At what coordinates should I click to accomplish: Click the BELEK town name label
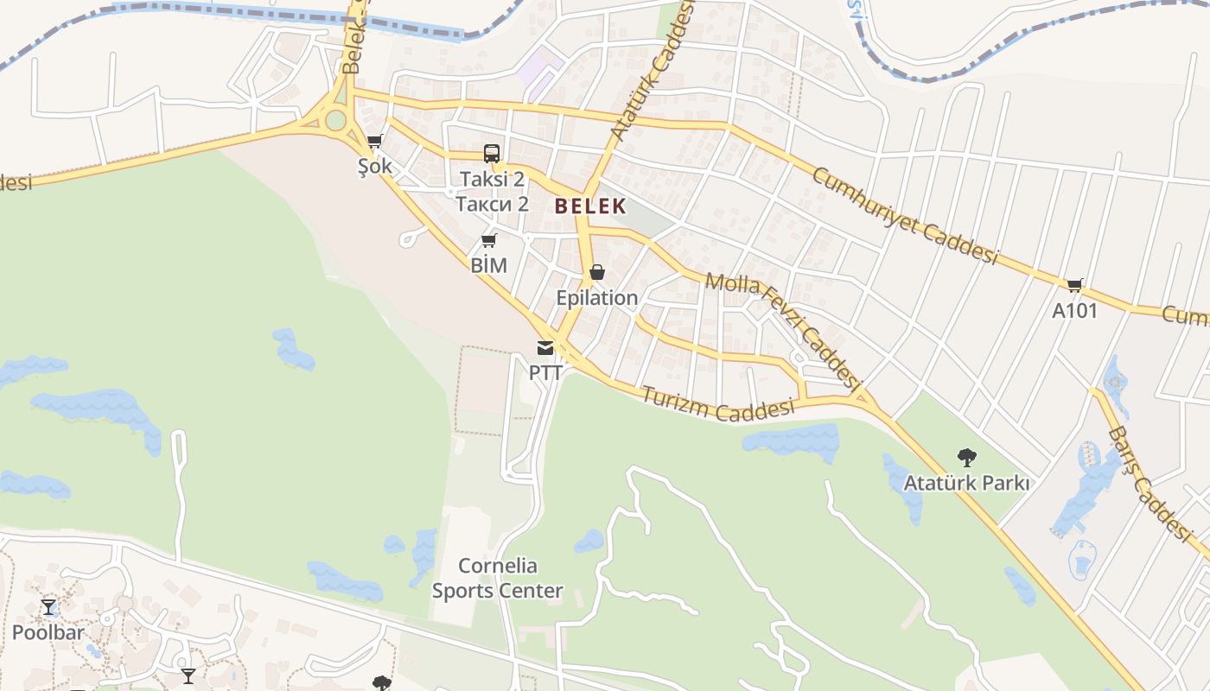[590, 206]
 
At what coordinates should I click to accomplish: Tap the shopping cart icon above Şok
[374, 141]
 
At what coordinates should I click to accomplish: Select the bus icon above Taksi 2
[492, 154]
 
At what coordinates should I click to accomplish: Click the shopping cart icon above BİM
[488, 240]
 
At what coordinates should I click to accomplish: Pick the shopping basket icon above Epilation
[596, 273]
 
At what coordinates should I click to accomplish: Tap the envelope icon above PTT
[545, 348]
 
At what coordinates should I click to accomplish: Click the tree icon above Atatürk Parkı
[966, 457]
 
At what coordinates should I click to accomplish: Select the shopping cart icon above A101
[1074, 285]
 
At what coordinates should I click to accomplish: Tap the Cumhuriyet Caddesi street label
[904, 215]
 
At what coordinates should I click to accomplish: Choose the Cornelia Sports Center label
[498, 579]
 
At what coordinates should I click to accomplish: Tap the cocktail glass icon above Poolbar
[48, 607]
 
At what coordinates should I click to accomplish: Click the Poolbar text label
[48, 632]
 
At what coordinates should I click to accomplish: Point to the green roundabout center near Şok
[335, 120]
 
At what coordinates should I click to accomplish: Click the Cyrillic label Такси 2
[492, 204]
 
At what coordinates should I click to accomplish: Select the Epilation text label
[596, 298]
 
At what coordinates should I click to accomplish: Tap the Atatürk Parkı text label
[966, 483]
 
